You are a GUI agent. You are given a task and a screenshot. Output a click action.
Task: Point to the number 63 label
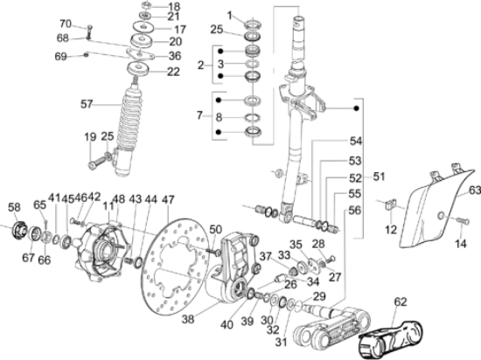[x=474, y=188]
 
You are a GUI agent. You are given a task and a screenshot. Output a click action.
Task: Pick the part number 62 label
[x=400, y=302]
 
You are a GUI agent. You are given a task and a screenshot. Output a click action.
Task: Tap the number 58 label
[x=14, y=207]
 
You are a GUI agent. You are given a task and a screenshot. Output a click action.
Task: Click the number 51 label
[x=380, y=177]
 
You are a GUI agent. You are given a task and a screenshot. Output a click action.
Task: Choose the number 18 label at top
[x=174, y=6]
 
